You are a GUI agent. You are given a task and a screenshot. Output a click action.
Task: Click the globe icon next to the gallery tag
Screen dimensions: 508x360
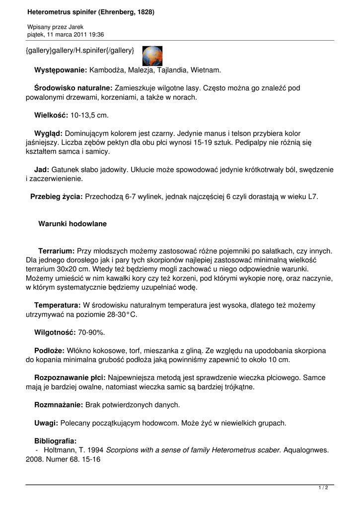tap(152, 56)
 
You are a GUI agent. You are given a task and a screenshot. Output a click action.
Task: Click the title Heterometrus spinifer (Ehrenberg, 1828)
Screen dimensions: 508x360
tap(91, 11)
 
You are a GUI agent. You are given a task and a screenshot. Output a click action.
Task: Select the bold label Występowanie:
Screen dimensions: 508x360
tap(61, 70)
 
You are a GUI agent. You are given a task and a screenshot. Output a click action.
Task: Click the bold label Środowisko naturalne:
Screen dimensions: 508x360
tap(73, 88)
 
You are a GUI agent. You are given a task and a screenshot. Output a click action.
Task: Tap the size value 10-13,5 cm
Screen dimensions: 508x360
tap(89, 115)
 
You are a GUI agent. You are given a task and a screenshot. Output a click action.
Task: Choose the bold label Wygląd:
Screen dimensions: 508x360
tap(48, 133)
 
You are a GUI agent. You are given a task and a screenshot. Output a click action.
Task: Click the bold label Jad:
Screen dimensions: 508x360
tap(42, 170)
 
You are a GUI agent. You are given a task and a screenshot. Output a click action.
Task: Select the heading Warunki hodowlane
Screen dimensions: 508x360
tap(72, 224)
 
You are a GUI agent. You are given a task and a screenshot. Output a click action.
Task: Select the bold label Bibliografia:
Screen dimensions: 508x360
tap(55, 441)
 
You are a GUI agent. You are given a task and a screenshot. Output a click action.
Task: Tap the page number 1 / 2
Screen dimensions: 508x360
tap(323, 488)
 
